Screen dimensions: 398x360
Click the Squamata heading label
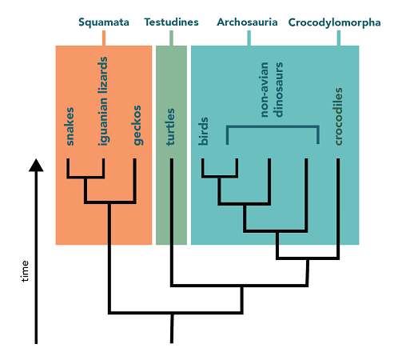point(104,22)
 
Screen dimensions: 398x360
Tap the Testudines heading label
point(171,22)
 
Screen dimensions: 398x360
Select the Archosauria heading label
point(247,22)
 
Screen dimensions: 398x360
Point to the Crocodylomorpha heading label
point(334,22)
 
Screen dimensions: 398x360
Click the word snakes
point(70,126)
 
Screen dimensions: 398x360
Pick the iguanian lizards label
point(102,102)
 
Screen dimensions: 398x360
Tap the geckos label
point(137,126)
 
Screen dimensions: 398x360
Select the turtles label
point(170,126)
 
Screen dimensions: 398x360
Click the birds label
point(203,131)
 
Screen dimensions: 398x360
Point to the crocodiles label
point(338,116)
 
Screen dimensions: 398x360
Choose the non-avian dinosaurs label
point(272,90)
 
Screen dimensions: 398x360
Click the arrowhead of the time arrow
point(36,165)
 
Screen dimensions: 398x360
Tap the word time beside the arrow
point(25,271)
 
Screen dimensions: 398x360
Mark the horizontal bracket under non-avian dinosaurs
point(273,126)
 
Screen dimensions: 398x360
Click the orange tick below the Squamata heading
point(104,38)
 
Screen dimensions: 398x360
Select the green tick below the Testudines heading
point(171,38)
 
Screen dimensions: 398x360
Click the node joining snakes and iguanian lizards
point(86,177)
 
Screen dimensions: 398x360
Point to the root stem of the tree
point(172,328)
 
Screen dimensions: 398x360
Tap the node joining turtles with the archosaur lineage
point(241,286)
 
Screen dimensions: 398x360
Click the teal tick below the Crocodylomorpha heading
point(339,38)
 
